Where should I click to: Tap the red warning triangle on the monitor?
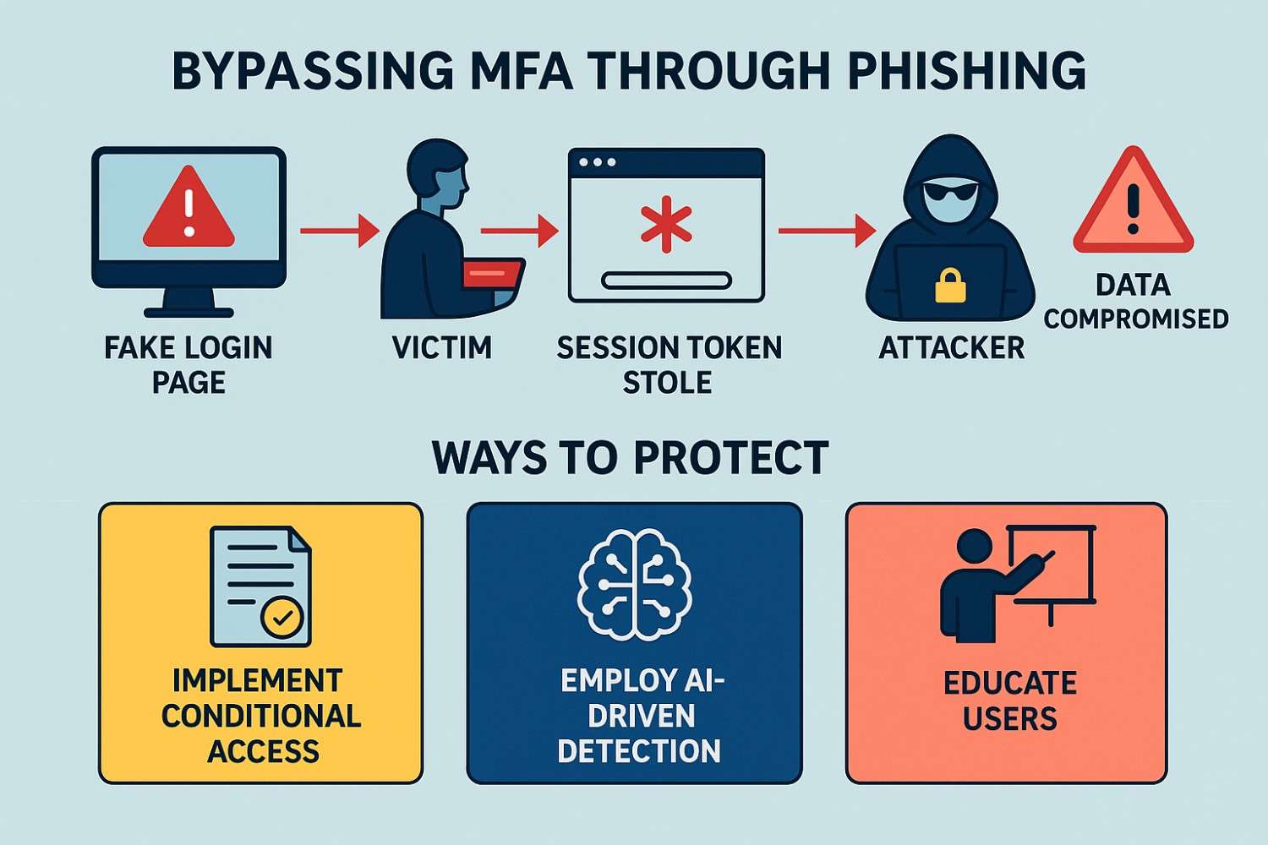tap(189, 210)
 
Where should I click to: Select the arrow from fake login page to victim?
tap(338, 230)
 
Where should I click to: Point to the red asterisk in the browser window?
tap(666, 225)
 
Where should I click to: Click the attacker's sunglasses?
tap(951, 194)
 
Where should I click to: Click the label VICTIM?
tap(442, 347)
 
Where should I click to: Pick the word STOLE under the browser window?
tap(667, 383)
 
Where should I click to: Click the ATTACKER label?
tap(951, 348)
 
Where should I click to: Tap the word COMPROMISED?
tap(1135, 319)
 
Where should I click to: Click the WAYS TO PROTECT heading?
tap(630, 458)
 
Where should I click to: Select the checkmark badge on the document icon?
tap(282, 618)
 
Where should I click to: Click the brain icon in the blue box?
tap(634, 583)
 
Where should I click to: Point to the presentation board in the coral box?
tap(1052, 564)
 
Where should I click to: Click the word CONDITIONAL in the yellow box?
tap(261, 716)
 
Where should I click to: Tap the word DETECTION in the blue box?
tap(639, 750)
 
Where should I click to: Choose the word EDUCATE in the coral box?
tap(1009, 683)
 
